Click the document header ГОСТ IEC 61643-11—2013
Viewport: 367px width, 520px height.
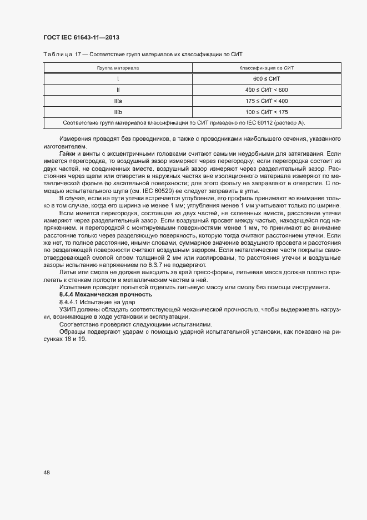(x=82, y=37)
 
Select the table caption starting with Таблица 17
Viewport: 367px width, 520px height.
(x=142, y=54)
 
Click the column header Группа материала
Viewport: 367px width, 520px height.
(x=118, y=67)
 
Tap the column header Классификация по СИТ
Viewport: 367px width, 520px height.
(x=266, y=67)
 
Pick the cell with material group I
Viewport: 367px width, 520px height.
(x=118, y=78)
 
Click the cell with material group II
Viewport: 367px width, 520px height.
(x=118, y=90)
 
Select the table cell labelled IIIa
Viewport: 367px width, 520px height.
(x=118, y=101)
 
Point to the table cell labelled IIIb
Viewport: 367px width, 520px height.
(x=118, y=112)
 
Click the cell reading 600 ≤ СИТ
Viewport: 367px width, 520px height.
(x=266, y=78)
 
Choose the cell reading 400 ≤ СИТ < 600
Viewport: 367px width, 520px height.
(x=266, y=90)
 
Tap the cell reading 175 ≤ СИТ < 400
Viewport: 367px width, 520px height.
(x=266, y=101)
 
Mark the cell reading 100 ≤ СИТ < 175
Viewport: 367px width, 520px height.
(x=266, y=112)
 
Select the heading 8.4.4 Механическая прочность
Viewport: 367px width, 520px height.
(x=105, y=294)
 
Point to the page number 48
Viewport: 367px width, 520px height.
(x=47, y=472)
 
